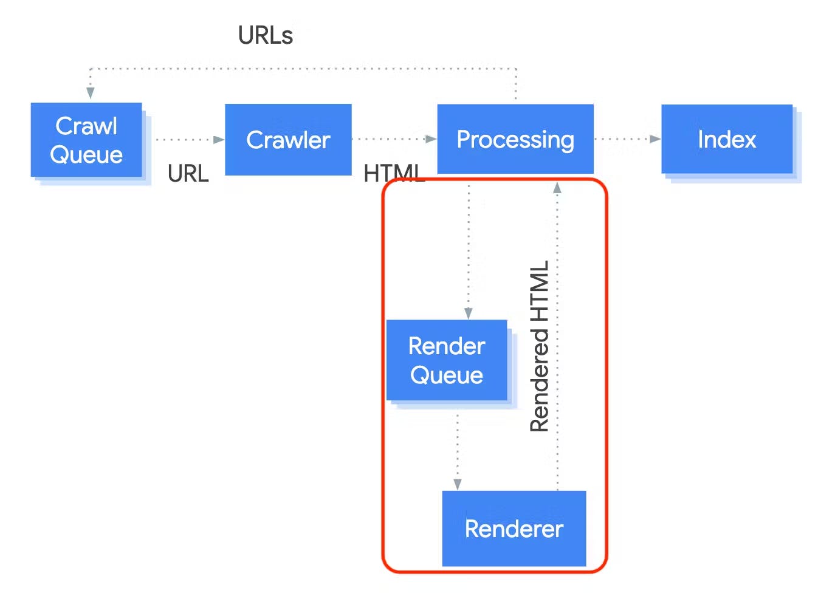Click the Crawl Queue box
(x=86, y=140)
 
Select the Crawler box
(x=288, y=140)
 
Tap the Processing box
(x=515, y=139)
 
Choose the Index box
(x=727, y=139)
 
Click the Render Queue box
(x=447, y=360)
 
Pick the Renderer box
(x=514, y=529)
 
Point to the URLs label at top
(x=266, y=36)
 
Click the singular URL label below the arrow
(x=188, y=174)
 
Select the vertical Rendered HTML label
(x=540, y=346)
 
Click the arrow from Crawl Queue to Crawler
(x=188, y=140)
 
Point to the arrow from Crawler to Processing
(x=394, y=139)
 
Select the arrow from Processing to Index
(x=626, y=139)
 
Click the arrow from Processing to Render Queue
(x=469, y=249)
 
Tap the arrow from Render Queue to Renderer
(x=458, y=450)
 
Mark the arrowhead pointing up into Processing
(x=557, y=188)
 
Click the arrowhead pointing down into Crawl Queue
(x=91, y=92)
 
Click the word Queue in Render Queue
(x=447, y=375)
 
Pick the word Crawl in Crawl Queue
(x=86, y=126)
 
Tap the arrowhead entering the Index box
(x=655, y=139)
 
